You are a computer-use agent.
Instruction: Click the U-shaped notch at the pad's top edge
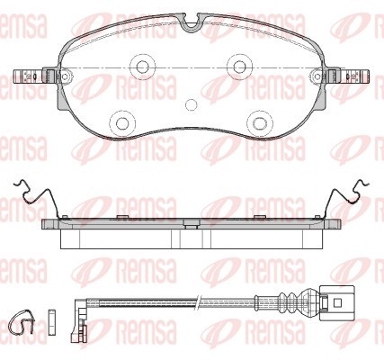[191, 28]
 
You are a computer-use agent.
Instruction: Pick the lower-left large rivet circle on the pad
[122, 122]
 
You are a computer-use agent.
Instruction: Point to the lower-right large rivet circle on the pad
[259, 122]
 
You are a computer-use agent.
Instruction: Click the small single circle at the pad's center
[191, 104]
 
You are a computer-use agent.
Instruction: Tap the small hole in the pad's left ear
[65, 76]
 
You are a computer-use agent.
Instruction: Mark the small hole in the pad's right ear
[317, 76]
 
